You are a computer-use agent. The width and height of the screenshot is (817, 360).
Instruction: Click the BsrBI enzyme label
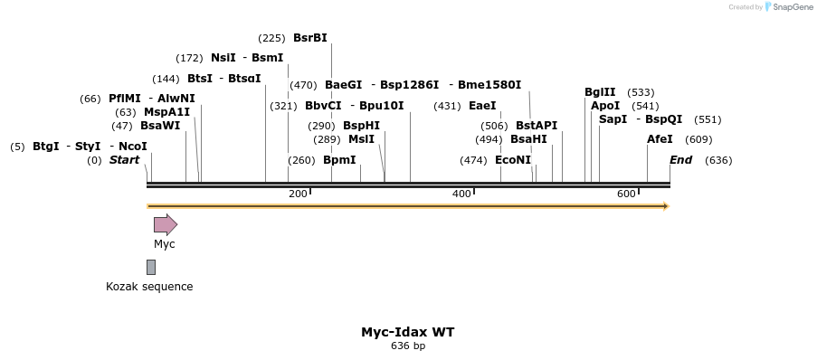pyautogui.click(x=310, y=38)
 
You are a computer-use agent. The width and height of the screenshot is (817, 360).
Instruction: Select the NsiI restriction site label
pyautogui.click(x=223, y=58)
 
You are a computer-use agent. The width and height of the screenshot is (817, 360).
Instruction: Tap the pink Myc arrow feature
pyautogui.click(x=165, y=224)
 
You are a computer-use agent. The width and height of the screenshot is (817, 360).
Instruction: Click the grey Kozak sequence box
pyautogui.click(x=151, y=267)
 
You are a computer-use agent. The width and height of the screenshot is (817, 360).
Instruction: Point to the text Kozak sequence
pyautogui.click(x=149, y=287)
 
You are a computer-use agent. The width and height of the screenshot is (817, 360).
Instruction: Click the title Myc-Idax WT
pyautogui.click(x=408, y=332)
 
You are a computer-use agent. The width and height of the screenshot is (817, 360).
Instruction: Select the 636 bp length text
pyautogui.click(x=408, y=346)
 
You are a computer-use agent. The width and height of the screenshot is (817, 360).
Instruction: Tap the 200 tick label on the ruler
pyautogui.click(x=298, y=194)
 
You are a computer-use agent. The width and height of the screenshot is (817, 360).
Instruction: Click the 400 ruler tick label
pyautogui.click(x=461, y=194)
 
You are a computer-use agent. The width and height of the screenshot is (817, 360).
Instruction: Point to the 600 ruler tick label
pyautogui.click(x=626, y=194)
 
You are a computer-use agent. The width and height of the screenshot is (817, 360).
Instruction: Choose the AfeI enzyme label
pyautogui.click(x=660, y=139)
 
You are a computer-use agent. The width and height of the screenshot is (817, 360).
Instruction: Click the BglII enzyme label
pyautogui.click(x=600, y=92)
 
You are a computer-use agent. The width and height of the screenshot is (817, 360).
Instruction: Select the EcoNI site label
pyautogui.click(x=513, y=160)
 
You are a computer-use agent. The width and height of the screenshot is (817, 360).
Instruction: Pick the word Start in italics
pyautogui.click(x=125, y=160)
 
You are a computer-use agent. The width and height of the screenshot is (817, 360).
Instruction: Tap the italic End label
pyautogui.click(x=680, y=160)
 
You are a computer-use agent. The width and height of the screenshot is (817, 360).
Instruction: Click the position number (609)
pyautogui.click(x=698, y=139)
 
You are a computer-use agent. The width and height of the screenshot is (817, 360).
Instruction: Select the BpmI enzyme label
pyautogui.click(x=339, y=160)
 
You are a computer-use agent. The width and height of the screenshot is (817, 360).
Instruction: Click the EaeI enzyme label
pyautogui.click(x=482, y=106)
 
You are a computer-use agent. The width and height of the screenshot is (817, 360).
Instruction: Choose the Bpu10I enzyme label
pyautogui.click(x=382, y=106)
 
